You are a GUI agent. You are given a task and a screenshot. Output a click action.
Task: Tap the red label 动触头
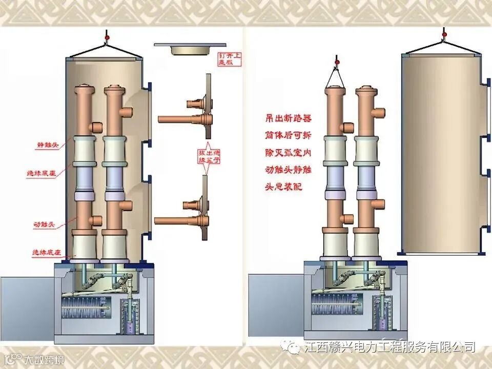[45, 224]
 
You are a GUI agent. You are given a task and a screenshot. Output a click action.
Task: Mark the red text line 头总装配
[283, 187]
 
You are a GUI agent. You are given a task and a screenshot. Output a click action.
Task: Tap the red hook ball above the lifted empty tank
[444, 34]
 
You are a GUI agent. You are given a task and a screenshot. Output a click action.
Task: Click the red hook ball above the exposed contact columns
[337, 64]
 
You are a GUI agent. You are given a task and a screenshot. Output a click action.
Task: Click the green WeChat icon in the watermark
[294, 347]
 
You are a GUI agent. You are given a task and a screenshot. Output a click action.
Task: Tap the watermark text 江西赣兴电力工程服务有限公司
[389, 347]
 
